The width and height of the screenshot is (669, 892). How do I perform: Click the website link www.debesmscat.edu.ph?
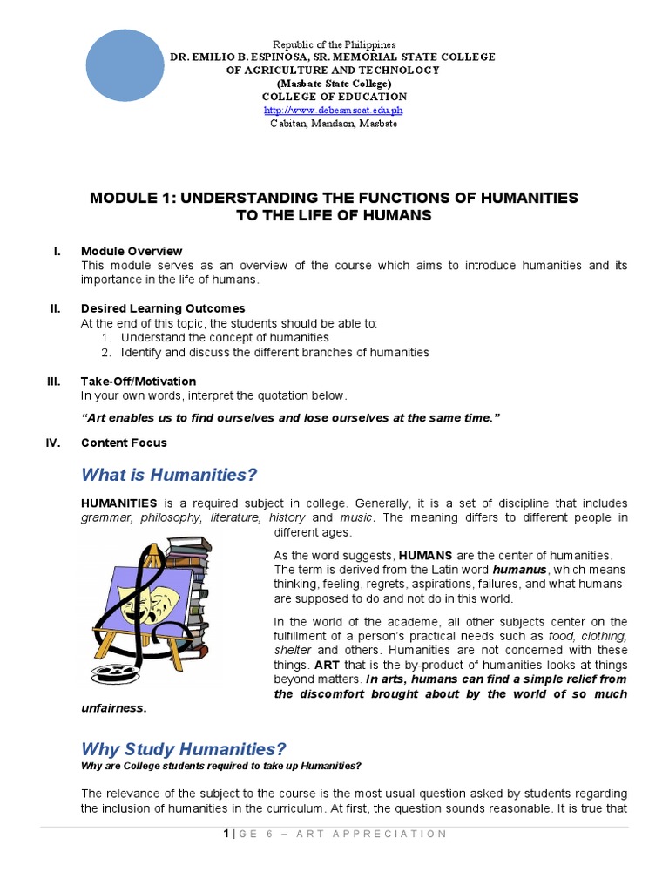(334, 111)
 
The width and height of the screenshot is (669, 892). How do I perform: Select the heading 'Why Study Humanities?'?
(183, 749)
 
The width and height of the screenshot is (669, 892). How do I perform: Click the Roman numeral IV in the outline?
(53, 443)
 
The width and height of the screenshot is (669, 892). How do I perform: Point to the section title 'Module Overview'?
(132, 251)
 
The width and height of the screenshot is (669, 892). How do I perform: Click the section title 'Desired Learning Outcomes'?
(163, 308)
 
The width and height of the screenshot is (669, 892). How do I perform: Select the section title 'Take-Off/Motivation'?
(139, 382)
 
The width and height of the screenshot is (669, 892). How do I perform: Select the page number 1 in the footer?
(225, 834)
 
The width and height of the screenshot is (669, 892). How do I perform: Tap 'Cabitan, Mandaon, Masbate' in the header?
(334, 124)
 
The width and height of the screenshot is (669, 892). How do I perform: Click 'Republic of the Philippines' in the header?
(334, 44)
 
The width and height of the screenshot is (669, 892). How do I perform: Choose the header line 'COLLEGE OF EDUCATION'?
(334, 97)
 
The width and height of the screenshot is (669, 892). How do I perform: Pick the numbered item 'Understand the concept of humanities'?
(225, 337)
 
